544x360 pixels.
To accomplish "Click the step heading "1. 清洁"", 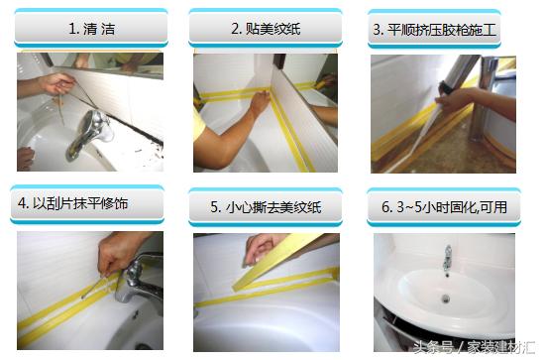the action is tap(91, 29).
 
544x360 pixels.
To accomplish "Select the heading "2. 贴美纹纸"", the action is tap(266, 29).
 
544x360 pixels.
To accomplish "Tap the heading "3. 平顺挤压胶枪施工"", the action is tap(434, 30).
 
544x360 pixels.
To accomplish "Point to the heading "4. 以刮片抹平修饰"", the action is tap(73, 203).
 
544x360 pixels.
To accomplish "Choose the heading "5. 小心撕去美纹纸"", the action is tap(266, 207).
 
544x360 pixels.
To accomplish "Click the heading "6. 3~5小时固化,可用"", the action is tap(445, 207).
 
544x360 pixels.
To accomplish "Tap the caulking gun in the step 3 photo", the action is tap(456, 79).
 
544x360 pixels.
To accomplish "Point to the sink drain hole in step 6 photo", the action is tap(446, 299).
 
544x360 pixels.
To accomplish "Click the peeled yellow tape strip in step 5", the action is tap(277, 262).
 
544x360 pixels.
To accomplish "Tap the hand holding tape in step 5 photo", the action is tap(262, 249).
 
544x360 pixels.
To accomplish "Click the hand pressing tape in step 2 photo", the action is tap(261, 101).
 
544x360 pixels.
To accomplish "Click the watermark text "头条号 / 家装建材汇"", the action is tap(474, 347).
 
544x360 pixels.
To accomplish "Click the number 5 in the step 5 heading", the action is tap(214, 207).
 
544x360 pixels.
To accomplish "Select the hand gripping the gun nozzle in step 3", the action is tap(455, 100).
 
